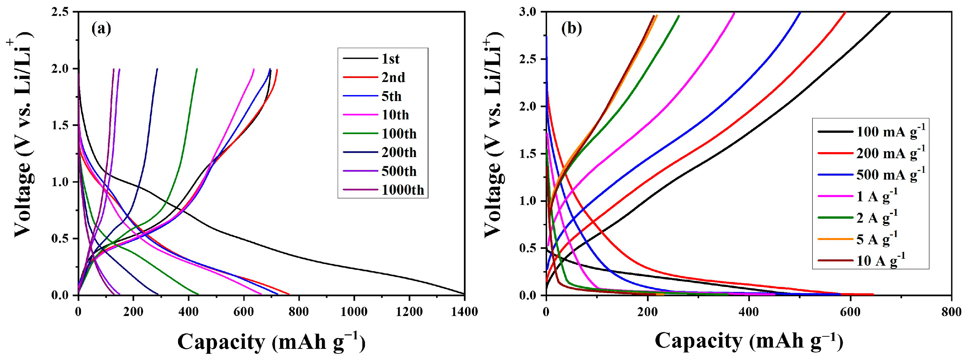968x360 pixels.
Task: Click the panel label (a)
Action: pyautogui.click(x=101, y=29)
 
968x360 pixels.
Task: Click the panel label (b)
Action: pyautogui.click(x=571, y=29)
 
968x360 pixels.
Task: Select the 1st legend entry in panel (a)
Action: pyautogui.click(x=391, y=59)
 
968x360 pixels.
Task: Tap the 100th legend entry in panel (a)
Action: pyautogui.click(x=399, y=134)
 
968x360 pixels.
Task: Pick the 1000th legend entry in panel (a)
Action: pyautogui.click(x=402, y=190)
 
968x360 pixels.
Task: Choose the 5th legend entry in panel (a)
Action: pyautogui.click(x=391, y=97)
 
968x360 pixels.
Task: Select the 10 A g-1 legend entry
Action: pyautogui.click(x=880, y=260)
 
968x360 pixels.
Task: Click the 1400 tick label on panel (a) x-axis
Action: pyautogui.click(x=464, y=311)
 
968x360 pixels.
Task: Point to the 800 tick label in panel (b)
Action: pyautogui.click(x=951, y=311)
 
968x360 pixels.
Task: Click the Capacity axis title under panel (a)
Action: pyautogui.click(x=271, y=342)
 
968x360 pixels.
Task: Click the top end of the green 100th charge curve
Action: pyautogui.click(x=197, y=69)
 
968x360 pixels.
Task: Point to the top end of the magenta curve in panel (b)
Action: pyautogui.click(x=734, y=13)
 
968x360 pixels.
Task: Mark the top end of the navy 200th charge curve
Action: pyautogui.click(x=157, y=69)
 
